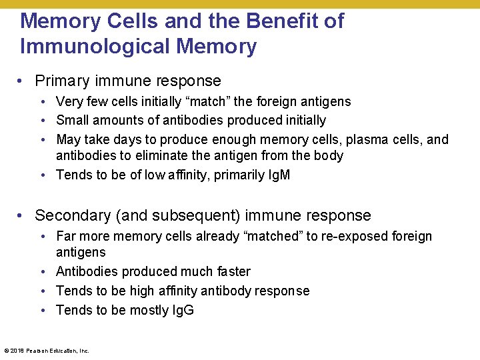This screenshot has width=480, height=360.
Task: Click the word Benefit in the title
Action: [283, 21]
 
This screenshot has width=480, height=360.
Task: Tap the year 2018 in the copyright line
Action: [16, 350]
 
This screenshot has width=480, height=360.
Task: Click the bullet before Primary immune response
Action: [22, 82]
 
